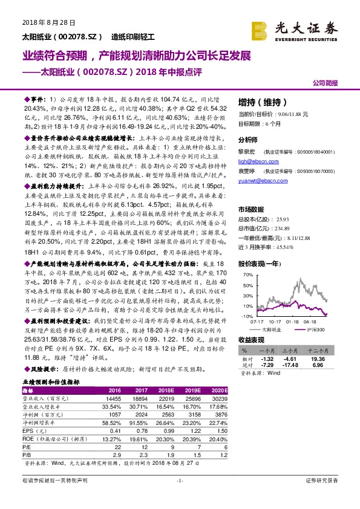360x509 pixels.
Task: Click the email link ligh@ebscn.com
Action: (x=255, y=162)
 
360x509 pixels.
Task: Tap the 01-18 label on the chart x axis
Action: (x=301, y=322)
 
